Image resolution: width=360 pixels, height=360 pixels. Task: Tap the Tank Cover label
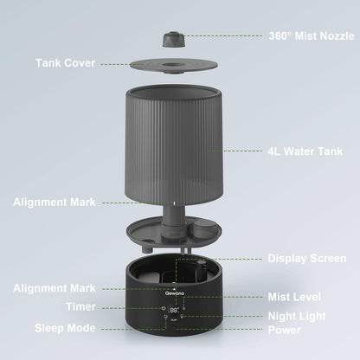[66, 62]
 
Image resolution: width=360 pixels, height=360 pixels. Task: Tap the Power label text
[286, 330]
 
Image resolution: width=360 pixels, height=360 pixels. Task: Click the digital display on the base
[175, 309]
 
